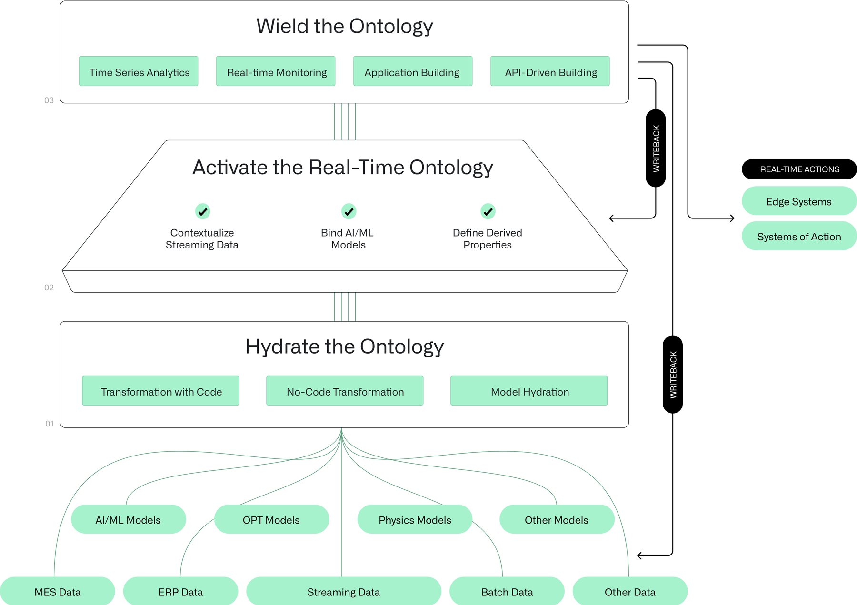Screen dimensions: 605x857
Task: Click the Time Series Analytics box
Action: [139, 71]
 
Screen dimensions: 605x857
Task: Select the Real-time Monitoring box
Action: [276, 71]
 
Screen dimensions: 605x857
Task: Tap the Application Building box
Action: [413, 71]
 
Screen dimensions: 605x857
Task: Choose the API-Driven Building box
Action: [550, 71]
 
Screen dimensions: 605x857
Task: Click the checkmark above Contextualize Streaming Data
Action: [203, 211]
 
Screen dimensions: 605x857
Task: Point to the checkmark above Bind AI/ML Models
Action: [349, 211]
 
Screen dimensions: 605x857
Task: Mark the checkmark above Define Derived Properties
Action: [488, 211]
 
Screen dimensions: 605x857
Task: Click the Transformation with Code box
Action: [160, 391]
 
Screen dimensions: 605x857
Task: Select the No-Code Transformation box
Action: [345, 391]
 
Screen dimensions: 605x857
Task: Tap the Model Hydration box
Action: [529, 391]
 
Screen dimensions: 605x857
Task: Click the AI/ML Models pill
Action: [129, 519]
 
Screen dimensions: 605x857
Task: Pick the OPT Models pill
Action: [271, 519]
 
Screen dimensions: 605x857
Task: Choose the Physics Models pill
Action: [415, 519]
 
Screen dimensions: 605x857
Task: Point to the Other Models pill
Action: [557, 519]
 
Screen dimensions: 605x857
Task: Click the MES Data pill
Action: [58, 592]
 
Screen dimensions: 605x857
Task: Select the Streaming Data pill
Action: [343, 592]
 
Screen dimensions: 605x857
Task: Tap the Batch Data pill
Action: [507, 592]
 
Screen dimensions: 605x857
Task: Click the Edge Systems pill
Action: [798, 201]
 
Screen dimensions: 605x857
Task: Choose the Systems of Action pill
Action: [798, 236]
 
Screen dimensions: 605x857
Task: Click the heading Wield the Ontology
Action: [345, 26]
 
